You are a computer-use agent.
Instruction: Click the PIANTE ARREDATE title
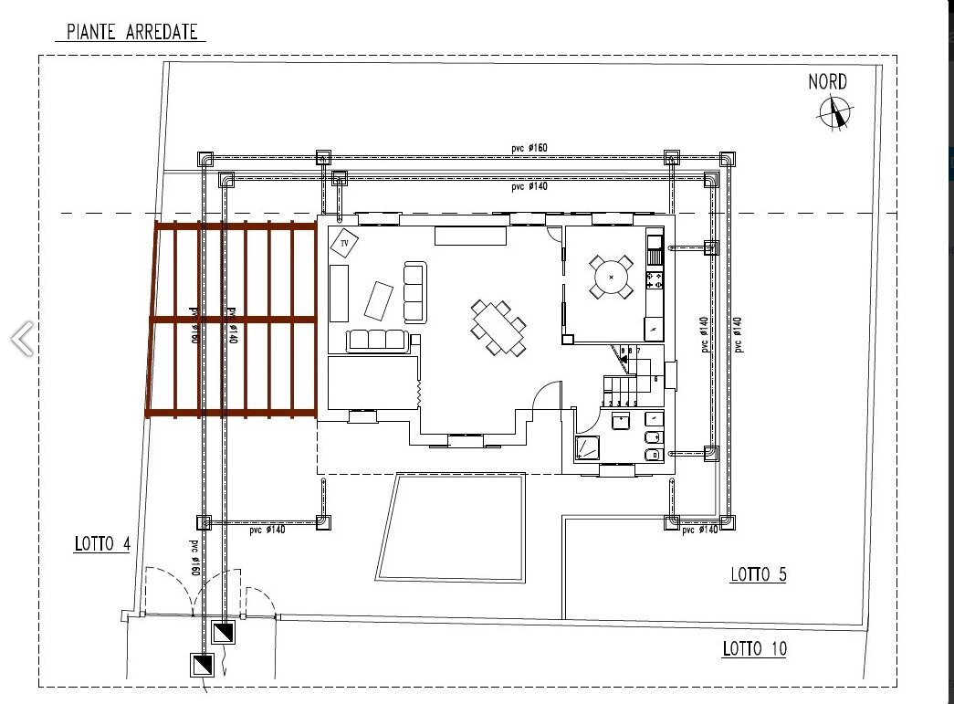click(x=131, y=32)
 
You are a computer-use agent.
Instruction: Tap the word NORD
click(x=827, y=82)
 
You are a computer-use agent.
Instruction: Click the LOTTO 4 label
click(x=102, y=545)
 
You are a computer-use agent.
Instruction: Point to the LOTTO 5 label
click(x=758, y=574)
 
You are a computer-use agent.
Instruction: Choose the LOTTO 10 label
click(x=754, y=649)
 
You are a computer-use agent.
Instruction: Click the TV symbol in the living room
click(x=345, y=244)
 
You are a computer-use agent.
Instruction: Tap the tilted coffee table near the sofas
click(x=379, y=299)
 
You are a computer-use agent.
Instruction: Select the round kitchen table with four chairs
click(x=611, y=277)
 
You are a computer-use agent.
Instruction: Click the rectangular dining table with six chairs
click(x=498, y=326)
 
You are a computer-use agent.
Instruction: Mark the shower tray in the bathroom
click(x=586, y=447)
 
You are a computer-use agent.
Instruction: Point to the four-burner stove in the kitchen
click(x=654, y=280)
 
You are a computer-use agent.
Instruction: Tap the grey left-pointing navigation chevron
click(x=22, y=339)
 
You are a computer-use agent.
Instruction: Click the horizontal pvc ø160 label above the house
click(x=529, y=149)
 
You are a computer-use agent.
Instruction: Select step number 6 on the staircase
click(x=655, y=377)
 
